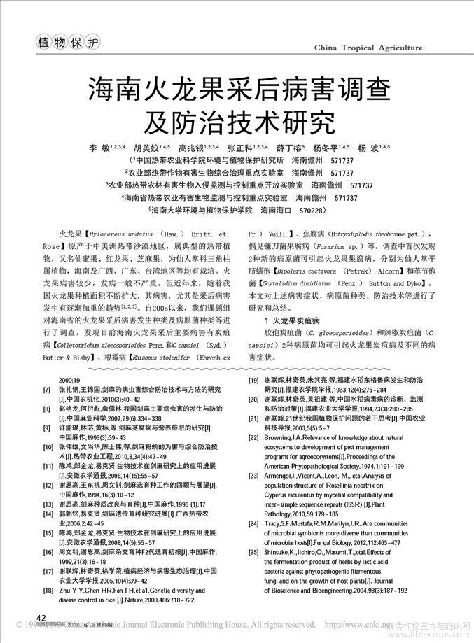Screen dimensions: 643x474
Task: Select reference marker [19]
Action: pyautogui.click(x=253, y=380)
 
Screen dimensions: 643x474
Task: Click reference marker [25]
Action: pyautogui.click(x=253, y=552)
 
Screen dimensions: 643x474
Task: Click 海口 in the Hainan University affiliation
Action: pyautogui.click(x=279, y=210)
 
